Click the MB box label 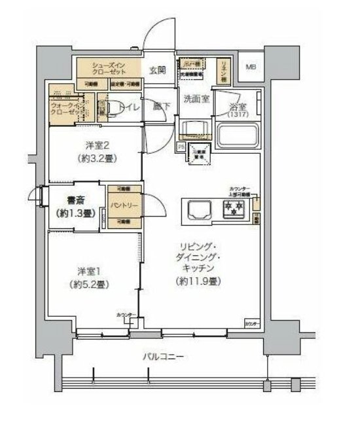click(251, 67)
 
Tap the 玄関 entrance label click(156, 69)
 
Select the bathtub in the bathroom click(238, 137)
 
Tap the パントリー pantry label click(120, 206)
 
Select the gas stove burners click(234, 210)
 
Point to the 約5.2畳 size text click(90, 285)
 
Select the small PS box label click(181, 148)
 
